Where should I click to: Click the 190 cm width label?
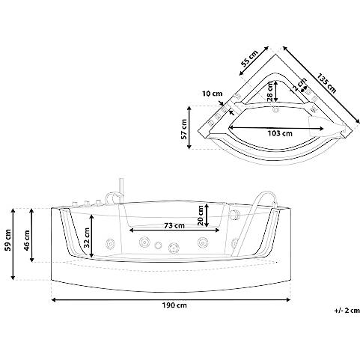[174, 305]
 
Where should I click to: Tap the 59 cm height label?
[8, 240]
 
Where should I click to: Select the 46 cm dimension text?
[27, 240]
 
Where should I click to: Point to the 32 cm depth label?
[87, 237]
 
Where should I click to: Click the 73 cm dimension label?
[174, 225]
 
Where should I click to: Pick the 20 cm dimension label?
[201, 216]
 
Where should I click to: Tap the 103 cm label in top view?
[280, 133]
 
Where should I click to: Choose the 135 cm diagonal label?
[327, 83]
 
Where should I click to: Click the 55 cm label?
[249, 59]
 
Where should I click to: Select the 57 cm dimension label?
[184, 129]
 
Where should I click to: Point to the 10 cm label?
[212, 94]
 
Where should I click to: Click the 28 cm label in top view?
[269, 92]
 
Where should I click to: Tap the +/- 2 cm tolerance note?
[347, 311]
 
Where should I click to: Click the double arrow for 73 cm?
[174, 231]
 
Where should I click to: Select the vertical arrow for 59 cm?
[13, 244]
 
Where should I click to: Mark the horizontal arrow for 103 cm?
[276, 128]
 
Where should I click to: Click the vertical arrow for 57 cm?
[189, 127]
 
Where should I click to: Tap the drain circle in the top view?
[276, 110]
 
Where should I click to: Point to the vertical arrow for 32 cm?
[92, 236]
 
